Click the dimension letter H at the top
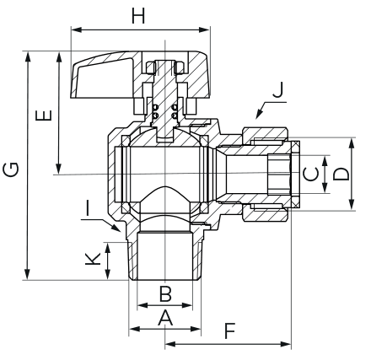[x=138, y=16]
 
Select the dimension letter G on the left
[x=11, y=169]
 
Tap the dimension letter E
[x=44, y=116]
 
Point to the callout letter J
[x=278, y=90]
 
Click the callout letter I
[x=88, y=207]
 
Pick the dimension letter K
[x=93, y=259]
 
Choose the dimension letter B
[x=165, y=294]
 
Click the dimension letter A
[x=165, y=318]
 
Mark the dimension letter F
[x=229, y=330]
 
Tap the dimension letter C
[x=311, y=175]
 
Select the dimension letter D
[x=341, y=174]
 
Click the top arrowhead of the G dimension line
[x=28, y=56]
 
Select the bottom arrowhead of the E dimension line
[x=58, y=169]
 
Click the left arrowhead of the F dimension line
[x=170, y=344]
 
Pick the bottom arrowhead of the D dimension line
[x=352, y=205]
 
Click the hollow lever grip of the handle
[x=102, y=78]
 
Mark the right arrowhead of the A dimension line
[x=196, y=329]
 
